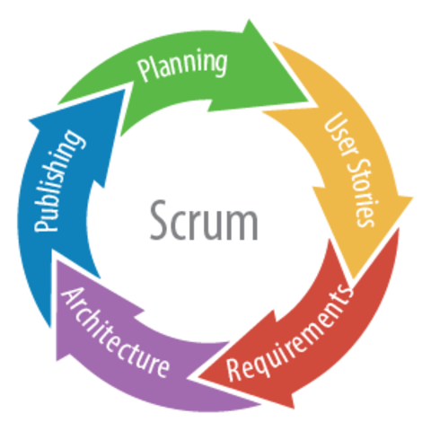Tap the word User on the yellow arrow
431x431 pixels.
(337, 130)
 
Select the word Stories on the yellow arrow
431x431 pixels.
(362, 191)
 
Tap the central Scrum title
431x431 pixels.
(203, 220)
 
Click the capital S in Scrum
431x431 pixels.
(155, 220)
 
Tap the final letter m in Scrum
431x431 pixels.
(244, 223)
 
